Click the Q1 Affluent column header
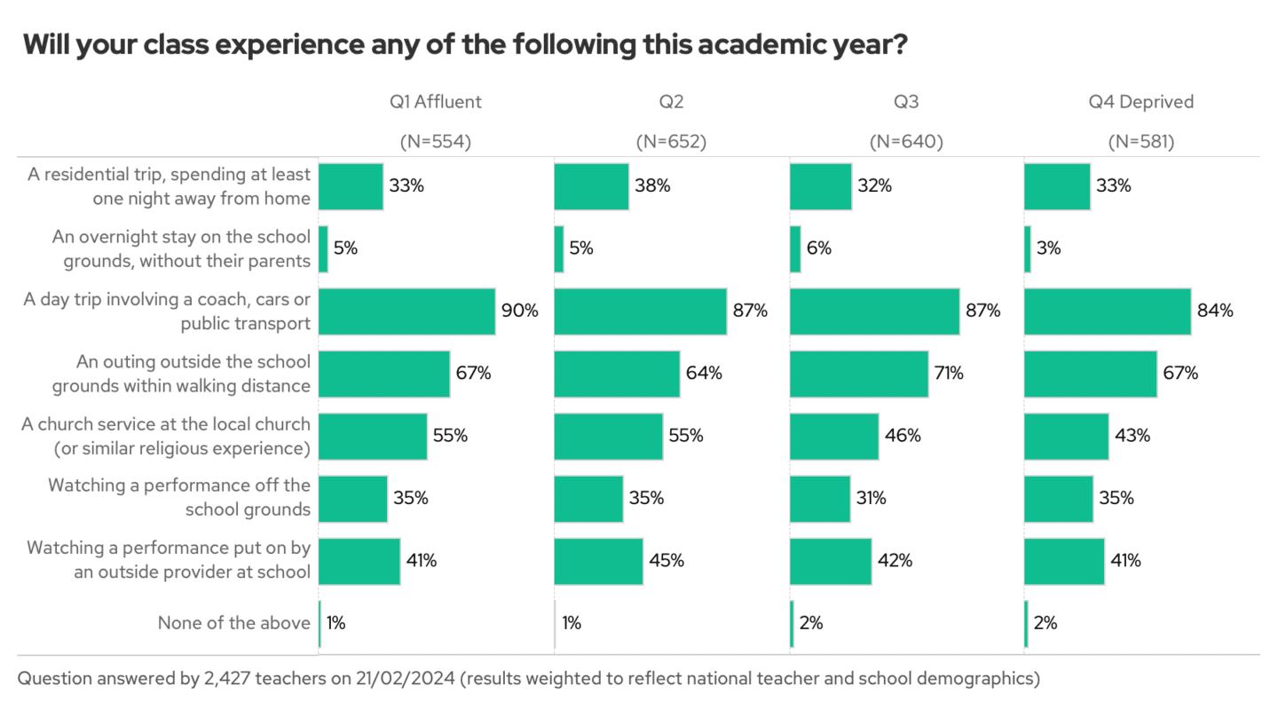click(x=435, y=101)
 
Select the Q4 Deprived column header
click(x=1141, y=101)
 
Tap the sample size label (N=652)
click(x=671, y=141)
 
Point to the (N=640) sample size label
click(x=906, y=141)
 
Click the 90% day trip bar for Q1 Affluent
click(x=406, y=312)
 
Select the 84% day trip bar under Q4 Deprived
click(x=1108, y=312)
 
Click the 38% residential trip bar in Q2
click(x=591, y=186)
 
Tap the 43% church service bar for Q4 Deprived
click(x=1066, y=436)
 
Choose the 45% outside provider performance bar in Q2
click(x=598, y=561)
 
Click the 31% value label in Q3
click(x=872, y=498)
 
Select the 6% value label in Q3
click(x=819, y=248)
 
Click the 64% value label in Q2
click(x=704, y=374)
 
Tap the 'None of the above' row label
click(x=234, y=623)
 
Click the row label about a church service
click(x=166, y=436)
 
